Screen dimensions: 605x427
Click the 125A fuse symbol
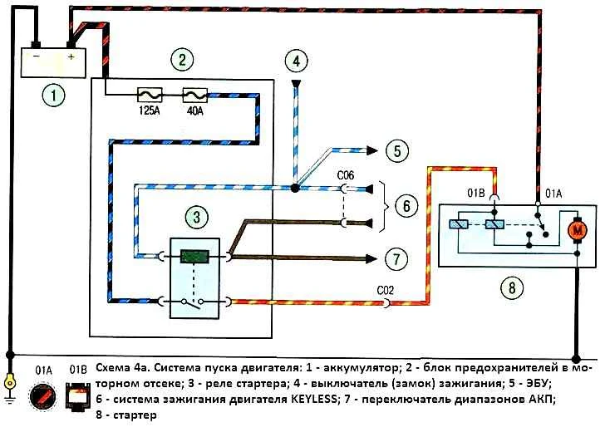tap(150, 95)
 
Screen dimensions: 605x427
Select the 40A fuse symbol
tap(194, 95)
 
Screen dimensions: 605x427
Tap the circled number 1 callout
tap(54, 95)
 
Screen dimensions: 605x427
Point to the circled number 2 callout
tap(182, 60)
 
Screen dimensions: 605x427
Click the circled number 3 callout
tap(197, 217)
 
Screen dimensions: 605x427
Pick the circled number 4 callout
tap(297, 61)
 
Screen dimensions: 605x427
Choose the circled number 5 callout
tap(397, 150)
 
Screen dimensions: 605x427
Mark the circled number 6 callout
tap(406, 205)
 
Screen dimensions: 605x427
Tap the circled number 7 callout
tap(396, 258)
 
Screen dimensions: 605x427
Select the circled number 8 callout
tap(512, 287)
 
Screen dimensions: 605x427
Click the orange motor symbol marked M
tap(578, 231)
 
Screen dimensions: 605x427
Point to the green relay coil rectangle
tap(194, 256)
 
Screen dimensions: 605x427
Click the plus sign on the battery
tap(71, 56)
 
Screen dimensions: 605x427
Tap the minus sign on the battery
tap(36, 56)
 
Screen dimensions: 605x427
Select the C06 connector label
tap(345, 175)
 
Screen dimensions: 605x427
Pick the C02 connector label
tap(385, 290)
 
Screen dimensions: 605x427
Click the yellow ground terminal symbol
tap(9, 383)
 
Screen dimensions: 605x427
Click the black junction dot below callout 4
tap(295, 189)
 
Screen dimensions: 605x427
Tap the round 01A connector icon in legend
tap(42, 396)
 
